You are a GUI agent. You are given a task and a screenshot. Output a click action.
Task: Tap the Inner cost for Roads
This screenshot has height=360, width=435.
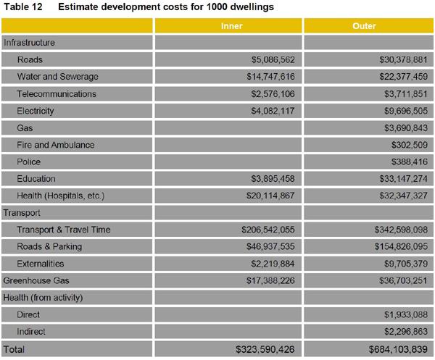click(x=268, y=60)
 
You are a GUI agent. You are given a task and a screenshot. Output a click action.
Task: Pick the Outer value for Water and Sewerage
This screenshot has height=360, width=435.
click(x=397, y=77)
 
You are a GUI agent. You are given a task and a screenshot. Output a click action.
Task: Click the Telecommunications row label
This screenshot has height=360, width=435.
click(x=57, y=94)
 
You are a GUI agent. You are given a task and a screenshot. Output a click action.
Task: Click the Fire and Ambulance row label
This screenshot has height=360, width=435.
click(x=56, y=145)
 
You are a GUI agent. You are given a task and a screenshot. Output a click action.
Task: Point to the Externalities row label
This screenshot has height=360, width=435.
click(x=41, y=264)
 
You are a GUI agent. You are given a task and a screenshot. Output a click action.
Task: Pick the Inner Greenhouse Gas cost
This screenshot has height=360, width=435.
click(x=265, y=280)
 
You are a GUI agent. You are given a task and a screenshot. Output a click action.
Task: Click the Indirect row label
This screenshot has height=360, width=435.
click(x=31, y=332)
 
